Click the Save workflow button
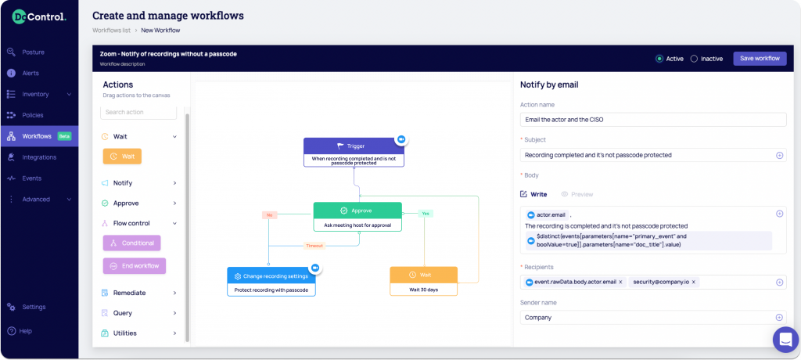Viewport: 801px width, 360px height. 760,58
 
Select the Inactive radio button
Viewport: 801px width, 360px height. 694,59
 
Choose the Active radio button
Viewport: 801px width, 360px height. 659,59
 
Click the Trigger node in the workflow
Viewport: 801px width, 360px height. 354,153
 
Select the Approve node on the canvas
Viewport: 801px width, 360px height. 357,217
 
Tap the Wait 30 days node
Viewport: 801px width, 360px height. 423,281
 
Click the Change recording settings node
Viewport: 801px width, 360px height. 271,282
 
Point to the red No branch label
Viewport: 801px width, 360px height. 269,215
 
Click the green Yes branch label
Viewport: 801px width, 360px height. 426,214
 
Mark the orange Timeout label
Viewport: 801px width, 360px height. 314,246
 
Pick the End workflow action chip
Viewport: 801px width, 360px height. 135,266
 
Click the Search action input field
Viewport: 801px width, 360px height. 138,112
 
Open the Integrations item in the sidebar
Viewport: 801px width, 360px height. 39,157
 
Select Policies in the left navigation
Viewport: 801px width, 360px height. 33,115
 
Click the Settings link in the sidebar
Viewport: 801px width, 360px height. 34,307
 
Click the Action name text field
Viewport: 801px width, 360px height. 653,120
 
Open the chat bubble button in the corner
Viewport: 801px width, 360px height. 785,340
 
